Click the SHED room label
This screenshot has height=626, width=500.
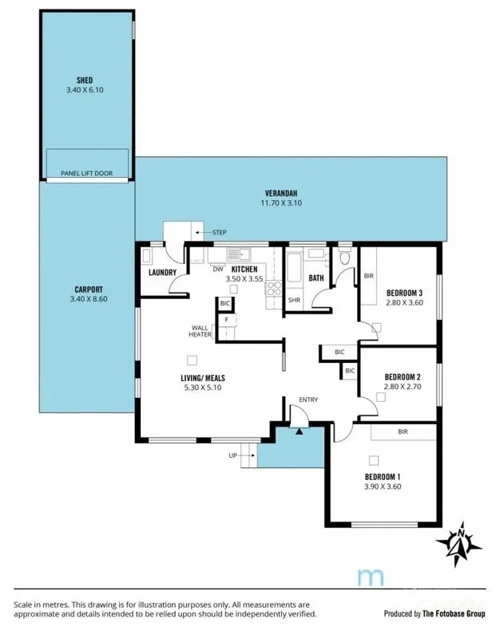coord(85,81)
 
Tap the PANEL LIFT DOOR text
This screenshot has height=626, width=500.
coord(87,173)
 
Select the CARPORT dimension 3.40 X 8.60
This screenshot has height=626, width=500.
coord(89,299)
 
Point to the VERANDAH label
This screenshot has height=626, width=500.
coord(281,193)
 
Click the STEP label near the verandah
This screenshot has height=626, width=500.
coord(219,232)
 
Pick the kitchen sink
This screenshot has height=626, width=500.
coord(238,254)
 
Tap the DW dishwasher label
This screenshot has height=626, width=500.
coord(218,270)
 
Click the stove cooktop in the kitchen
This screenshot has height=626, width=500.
coord(274,288)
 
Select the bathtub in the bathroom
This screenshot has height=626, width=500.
coord(294,267)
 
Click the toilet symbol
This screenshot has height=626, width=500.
coord(344,256)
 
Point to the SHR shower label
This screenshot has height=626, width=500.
coord(294,300)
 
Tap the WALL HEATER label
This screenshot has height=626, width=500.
coord(200,332)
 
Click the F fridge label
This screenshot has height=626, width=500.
coord(226,320)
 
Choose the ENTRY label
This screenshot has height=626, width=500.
coord(308,400)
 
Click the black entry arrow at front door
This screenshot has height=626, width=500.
coord(300,431)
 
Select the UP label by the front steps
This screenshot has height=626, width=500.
coord(232,455)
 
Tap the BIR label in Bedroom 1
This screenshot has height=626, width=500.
coord(403,431)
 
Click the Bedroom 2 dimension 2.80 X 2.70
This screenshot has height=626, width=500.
coord(403,387)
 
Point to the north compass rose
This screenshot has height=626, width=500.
coord(459,543)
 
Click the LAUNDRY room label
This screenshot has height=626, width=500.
coord(162,273)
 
